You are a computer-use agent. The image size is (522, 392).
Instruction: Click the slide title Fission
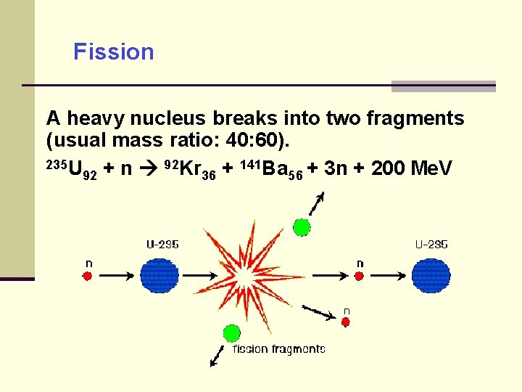point(114,52)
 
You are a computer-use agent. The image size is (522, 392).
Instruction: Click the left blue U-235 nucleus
point(159,276)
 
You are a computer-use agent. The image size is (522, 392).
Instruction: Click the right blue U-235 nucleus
point(431,276)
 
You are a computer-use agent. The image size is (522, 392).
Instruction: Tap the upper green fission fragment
point(302,227)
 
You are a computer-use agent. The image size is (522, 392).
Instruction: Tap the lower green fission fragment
point(231,333)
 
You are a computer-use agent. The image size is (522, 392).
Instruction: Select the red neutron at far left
point(88,276)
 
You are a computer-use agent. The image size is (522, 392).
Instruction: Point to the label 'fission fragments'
point(278,349)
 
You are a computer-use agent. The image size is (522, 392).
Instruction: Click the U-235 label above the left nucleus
point(162,245)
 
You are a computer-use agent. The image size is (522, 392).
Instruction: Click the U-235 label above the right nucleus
point(431,245)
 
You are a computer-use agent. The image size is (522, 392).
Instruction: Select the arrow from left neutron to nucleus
point(115,276)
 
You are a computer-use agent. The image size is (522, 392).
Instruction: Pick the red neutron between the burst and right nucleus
point(359,276)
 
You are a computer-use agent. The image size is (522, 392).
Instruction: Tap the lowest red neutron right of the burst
point(345,322)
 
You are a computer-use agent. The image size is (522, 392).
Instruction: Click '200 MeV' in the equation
point(411,169)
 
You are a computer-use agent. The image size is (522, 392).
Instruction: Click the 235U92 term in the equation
point(71,169)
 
